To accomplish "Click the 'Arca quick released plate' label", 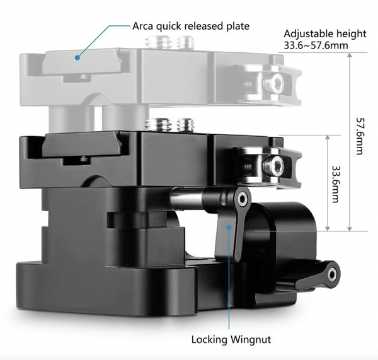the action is coord(191,26).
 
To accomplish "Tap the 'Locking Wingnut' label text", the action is coord(231,339).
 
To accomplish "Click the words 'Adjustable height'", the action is coord(325,34).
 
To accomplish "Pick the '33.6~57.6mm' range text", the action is coord(316,45).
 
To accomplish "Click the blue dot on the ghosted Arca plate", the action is coord(77,57).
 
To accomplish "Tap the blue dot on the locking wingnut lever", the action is coord(229,227).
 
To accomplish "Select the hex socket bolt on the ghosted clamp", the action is coord(273,83).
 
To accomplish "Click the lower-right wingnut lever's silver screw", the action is coord(333,274).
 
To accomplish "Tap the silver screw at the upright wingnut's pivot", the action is coord(242,199).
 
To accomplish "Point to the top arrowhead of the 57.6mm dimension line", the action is coord(350,55).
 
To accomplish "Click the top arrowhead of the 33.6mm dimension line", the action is coord(328,137).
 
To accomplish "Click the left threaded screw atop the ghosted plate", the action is coord(158,42).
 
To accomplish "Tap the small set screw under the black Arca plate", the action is coord(84,160).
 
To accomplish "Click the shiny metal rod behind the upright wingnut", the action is coord(187,196).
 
